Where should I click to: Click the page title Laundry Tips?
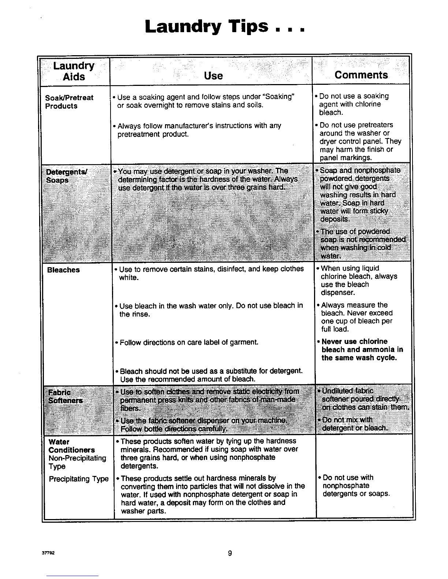[224, 27]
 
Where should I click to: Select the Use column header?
[213, 76]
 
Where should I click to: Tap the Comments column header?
[361, 75]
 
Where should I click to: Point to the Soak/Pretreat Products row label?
[69, 102]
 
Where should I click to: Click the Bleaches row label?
[63, 270]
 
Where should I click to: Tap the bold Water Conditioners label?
[71, 446]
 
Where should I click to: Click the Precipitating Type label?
[78, 479]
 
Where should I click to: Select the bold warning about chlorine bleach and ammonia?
[362, 349]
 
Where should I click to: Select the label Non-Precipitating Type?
[77, 462]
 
